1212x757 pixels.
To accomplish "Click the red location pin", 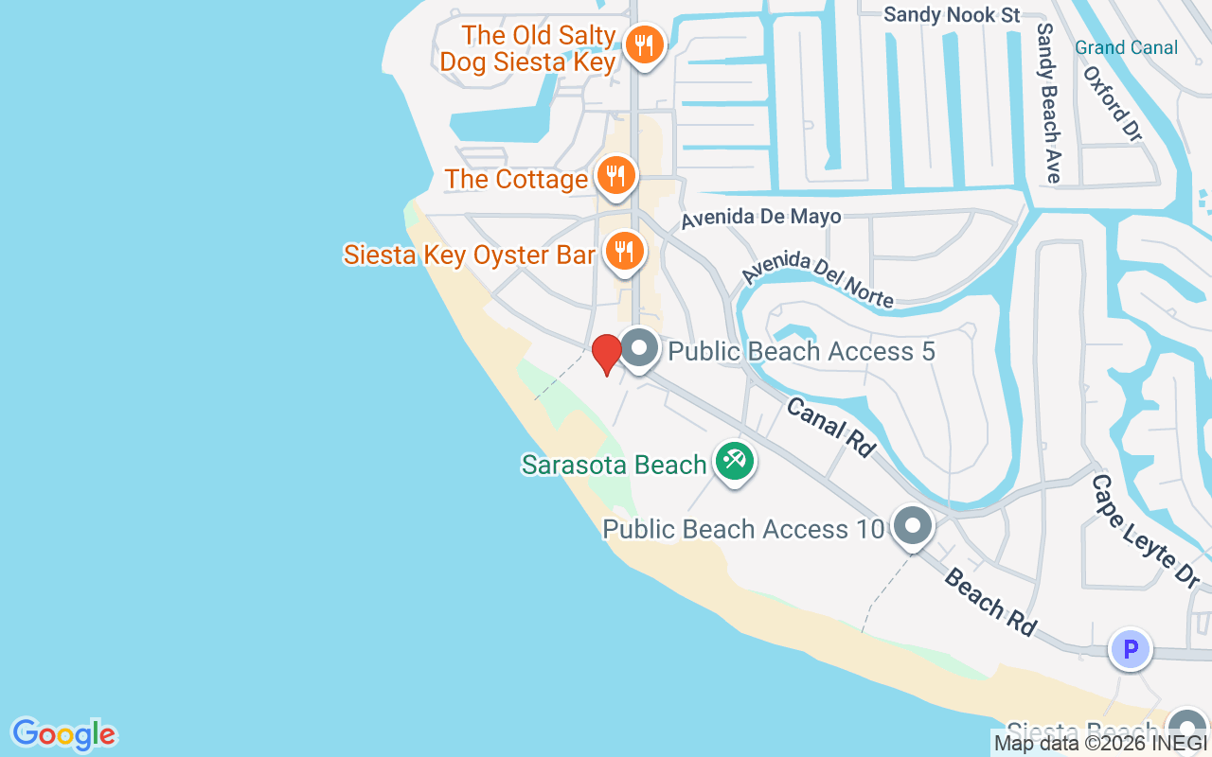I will point(606,353).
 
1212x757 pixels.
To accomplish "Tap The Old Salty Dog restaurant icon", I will point(645,44).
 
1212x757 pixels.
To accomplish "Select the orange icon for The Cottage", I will point(616,176).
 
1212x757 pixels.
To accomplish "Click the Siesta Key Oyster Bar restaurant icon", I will point(624,252).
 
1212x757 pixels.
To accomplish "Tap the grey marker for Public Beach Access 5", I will point(639,349).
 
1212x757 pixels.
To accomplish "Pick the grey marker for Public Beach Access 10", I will point(913,526).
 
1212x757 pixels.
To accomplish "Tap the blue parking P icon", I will point(1130,650).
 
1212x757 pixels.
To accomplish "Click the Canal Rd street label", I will point(829,427).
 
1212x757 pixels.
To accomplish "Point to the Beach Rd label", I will point(989,602).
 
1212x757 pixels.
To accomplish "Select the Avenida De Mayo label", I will point(761,217).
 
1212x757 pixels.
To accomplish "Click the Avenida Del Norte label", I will point(817,279).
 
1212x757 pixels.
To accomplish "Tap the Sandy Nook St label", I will point(952,14).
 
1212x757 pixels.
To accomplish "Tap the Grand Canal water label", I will point(1127,47).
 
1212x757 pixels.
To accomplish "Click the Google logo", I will point(63,734).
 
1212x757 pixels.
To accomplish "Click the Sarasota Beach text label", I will point(614,465).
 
